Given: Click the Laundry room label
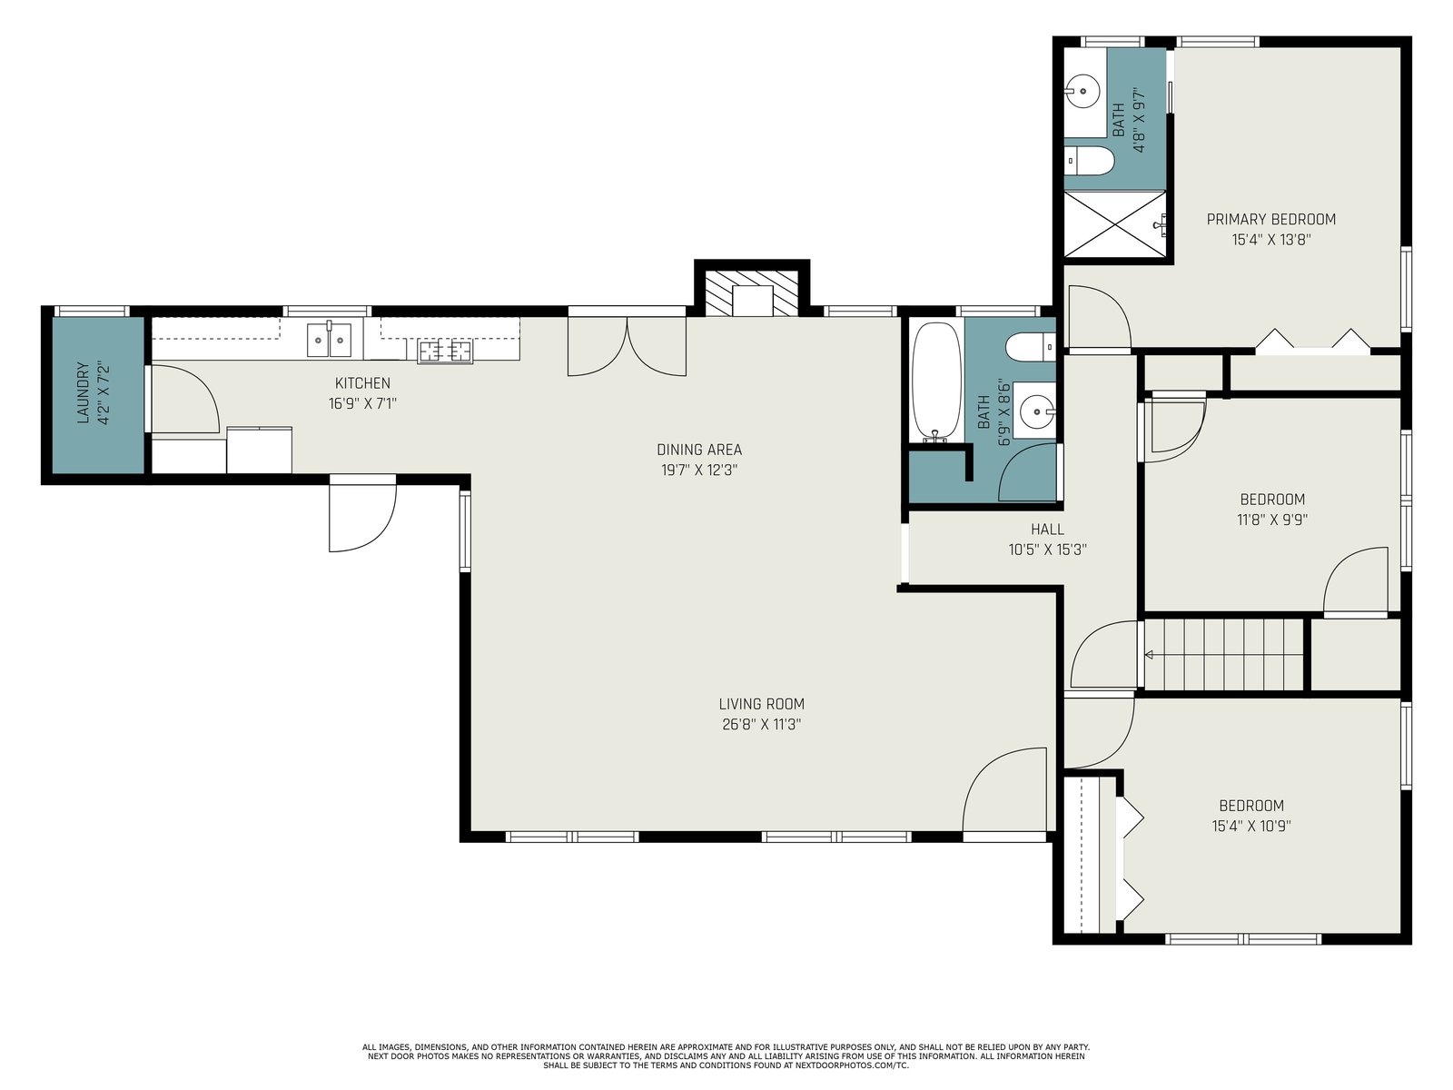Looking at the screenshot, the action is [x=83, y=392].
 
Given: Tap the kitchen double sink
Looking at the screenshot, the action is [x=329, y=340].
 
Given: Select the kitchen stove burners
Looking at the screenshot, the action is [x=445, y=351].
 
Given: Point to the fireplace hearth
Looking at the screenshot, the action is [x=751, y=292].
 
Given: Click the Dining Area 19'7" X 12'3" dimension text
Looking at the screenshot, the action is [x=699, y=470].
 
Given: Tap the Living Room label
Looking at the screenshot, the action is [x=761, y=703].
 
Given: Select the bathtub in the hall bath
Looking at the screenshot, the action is [x=936, y=382].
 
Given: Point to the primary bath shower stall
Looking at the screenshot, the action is [x=1115, y=224].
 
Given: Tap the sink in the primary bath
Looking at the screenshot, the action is [x=1083, y=92].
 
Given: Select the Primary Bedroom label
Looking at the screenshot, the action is [x=1271, y=219].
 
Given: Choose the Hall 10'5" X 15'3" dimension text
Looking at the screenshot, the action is [x=1047, y=550].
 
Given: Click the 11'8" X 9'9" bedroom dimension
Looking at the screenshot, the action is [x=1272, y=520].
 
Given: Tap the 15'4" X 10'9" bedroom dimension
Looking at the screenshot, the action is [x=1251, y=826].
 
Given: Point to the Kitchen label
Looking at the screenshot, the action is [x=362, y=382].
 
